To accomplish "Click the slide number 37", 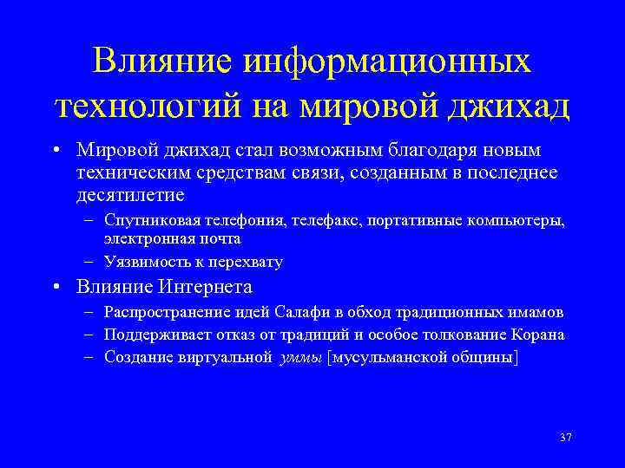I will [565, 437].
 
